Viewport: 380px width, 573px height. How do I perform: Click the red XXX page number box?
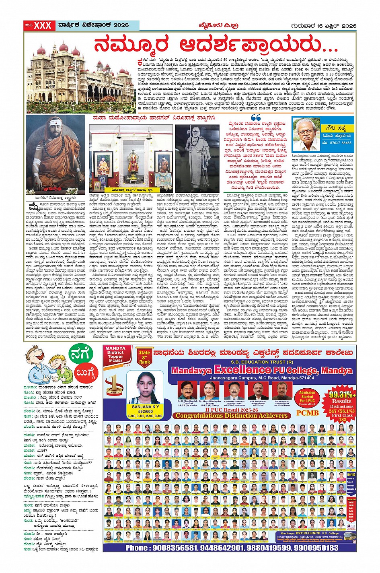point(42,25)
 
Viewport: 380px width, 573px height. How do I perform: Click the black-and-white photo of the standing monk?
point(198,157)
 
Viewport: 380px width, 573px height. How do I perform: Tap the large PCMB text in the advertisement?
point(307,412)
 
